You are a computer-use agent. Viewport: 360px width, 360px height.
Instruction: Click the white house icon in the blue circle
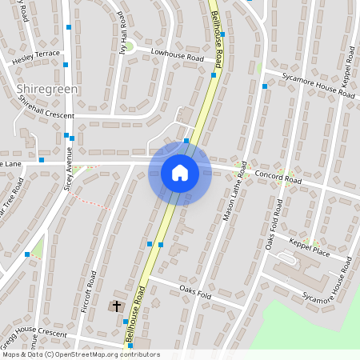pos(180,173)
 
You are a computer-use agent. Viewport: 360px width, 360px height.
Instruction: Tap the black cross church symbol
pos(117,306)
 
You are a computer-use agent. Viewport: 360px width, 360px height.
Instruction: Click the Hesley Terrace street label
pos(35,57)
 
